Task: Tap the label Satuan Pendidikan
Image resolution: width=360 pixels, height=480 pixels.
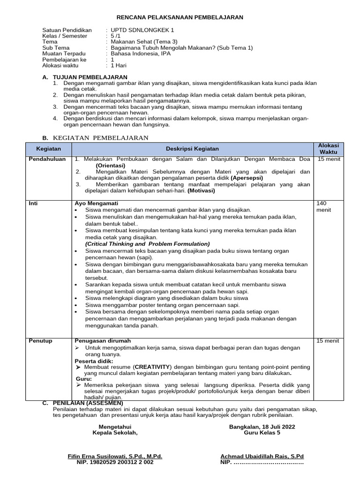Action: (x=67, y=29)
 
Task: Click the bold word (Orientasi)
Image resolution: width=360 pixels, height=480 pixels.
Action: (x=110, y=165)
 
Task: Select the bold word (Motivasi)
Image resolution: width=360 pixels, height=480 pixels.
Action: (x=201, y=191)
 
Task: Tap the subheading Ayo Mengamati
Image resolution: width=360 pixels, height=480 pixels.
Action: (x=95, y=203)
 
